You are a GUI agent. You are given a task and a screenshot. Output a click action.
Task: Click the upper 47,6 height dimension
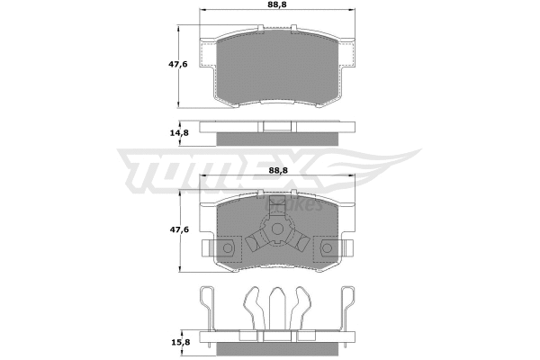click(x=179, y=65)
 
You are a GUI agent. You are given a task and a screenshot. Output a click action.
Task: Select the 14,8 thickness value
click(x=179, y=133)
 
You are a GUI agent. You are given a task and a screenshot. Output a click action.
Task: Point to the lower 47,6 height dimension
click(x=179, y=229)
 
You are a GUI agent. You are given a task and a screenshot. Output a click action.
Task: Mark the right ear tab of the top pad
click(x=346, y=57)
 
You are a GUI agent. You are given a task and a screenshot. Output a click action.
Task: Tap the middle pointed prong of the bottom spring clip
click(x=277, y=301)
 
